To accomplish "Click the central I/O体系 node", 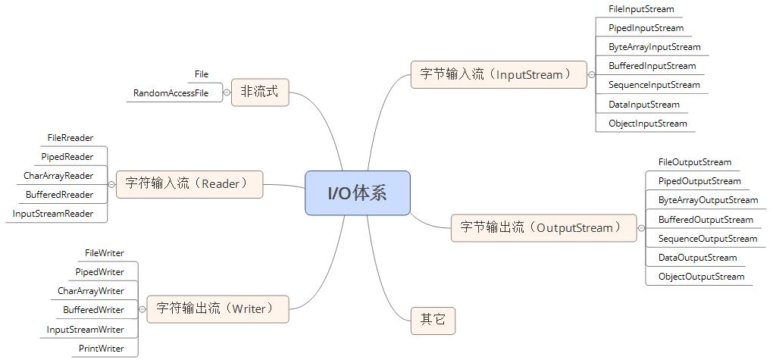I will point(357,193).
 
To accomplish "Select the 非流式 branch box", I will point(260,92).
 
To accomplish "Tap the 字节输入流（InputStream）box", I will point(498,74).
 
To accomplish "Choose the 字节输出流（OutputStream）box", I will point(543,227).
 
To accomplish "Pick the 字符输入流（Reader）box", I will point(189,184).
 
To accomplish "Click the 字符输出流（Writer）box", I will point(218,308).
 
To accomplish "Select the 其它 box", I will point(433,321).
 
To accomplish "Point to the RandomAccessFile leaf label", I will point(171,93).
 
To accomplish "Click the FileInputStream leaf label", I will point(640,9).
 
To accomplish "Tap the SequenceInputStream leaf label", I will point(654,85).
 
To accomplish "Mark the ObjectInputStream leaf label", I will point(647,124).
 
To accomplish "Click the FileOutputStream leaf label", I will point(694,162).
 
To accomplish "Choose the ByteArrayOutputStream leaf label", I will point(708,200).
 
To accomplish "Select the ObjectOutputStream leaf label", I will point(701,277).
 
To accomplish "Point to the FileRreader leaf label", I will point(70,138).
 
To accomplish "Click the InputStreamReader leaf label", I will point(53,214).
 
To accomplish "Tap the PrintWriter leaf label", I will point(102,349).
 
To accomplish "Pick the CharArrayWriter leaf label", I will point(91,291).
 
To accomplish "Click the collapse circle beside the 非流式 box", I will point(227,92).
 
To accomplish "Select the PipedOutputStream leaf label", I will point(699,181).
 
